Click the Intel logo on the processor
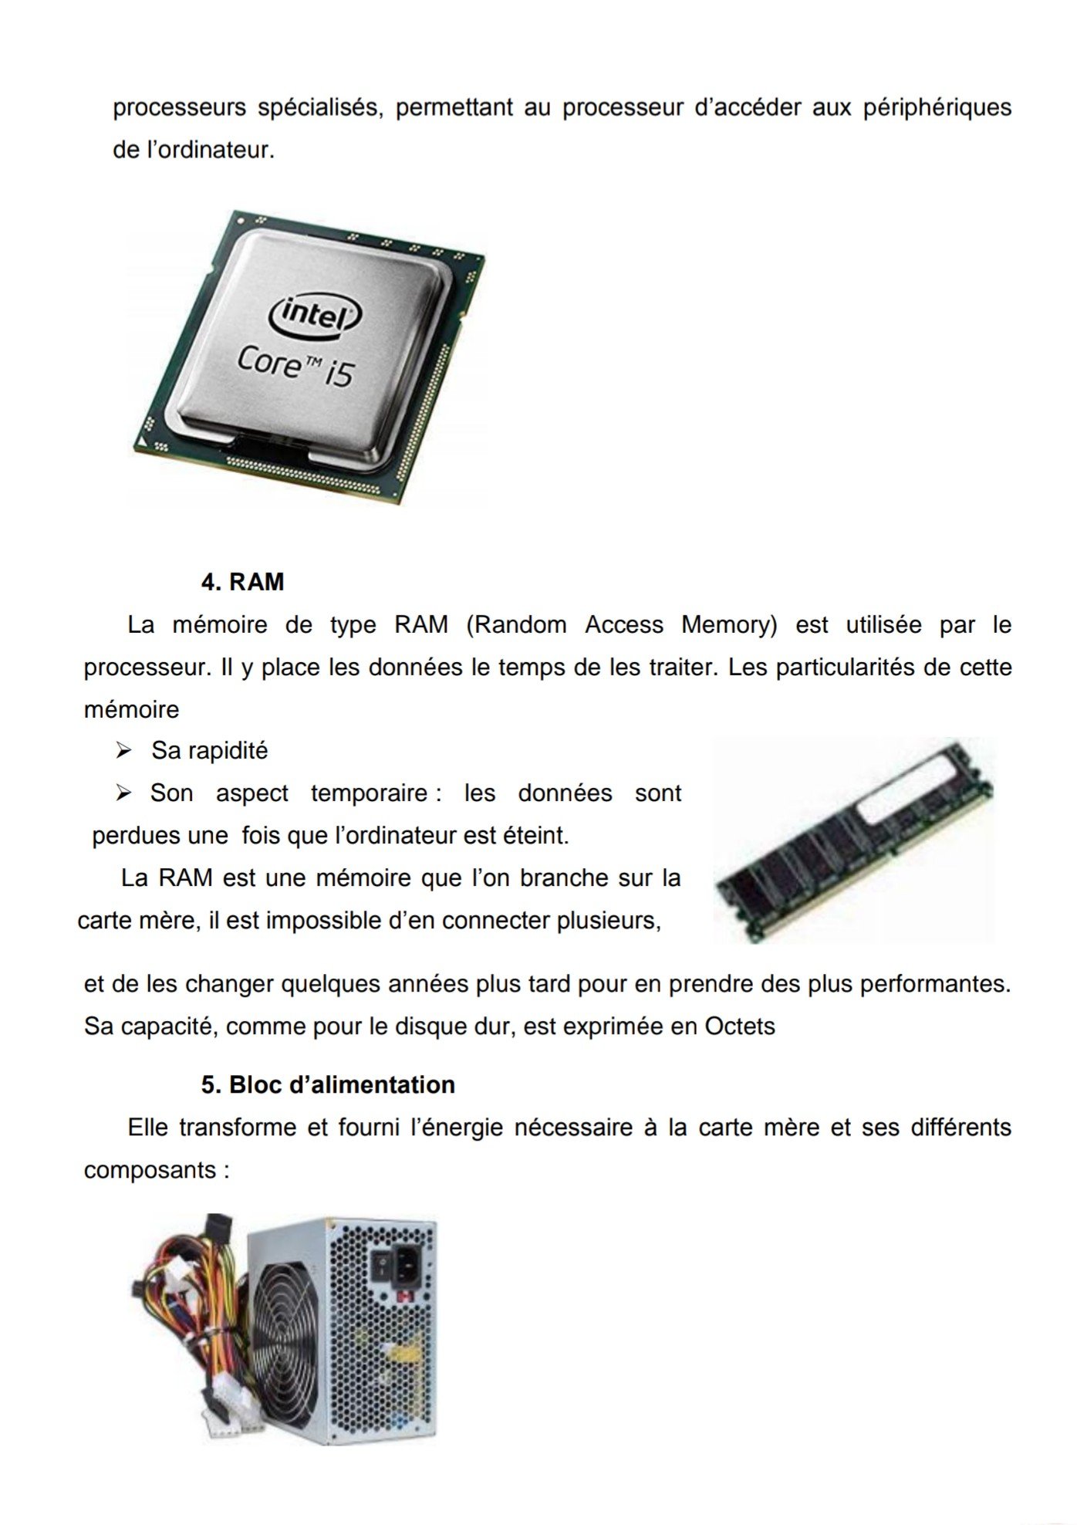click(x=315, y=313)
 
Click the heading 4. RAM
click(x=242, y=581)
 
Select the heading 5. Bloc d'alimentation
click(x=328, y=1084)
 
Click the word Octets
click(x=740, y=1026)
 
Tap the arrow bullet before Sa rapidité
click(x=123, y=750)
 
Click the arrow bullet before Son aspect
click(x=123, y=793)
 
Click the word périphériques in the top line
click(x=937, y=108)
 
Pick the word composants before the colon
click(x=150, y=1170)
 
